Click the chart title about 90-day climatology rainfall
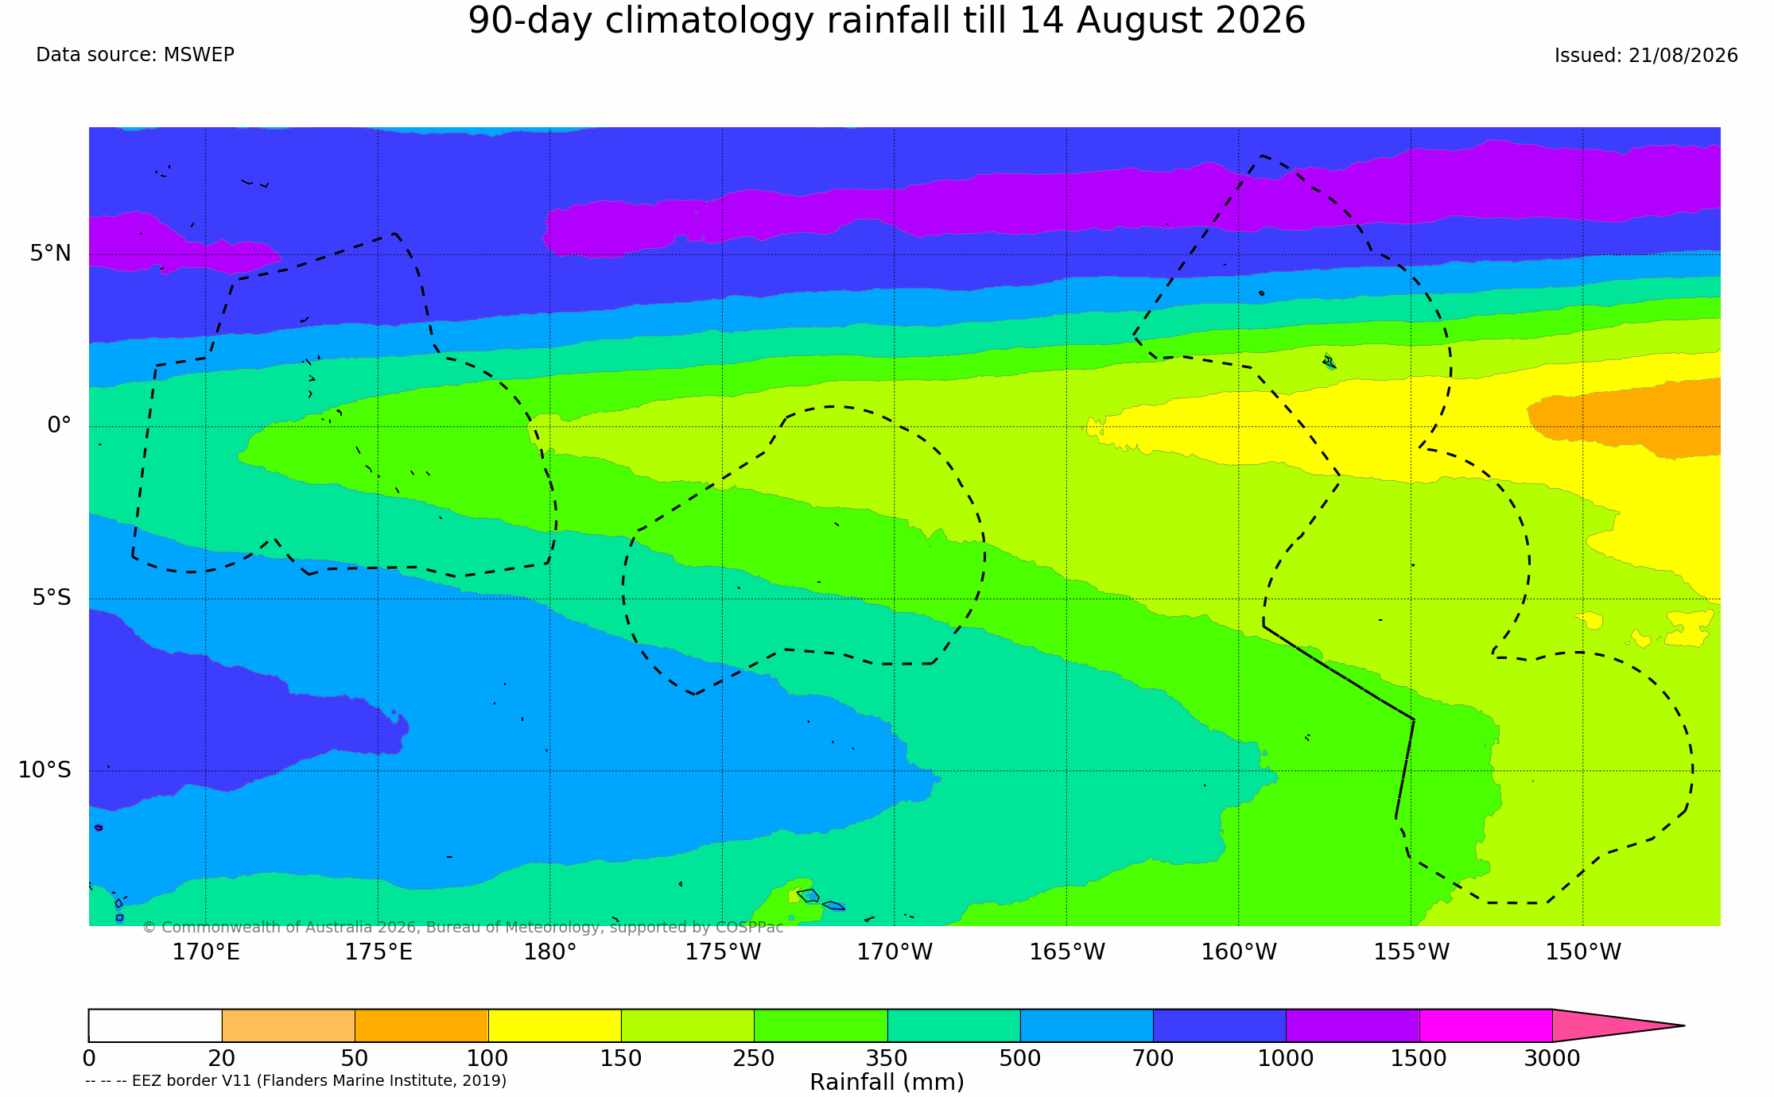click(887, 21)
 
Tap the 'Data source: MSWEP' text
click(135, 55)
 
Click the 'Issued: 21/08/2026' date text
click(1646, 56)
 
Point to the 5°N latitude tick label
click(51, 254)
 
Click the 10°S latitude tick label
click(45, 769)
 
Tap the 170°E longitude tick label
click(206, 952)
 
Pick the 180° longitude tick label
click(549, 952)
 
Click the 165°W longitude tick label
click(1067, 952)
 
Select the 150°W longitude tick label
click(1583, 952)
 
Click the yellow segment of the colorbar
click(554, 1025)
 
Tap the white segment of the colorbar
click(155, 1025)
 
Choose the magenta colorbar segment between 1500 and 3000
click(1485, 1025)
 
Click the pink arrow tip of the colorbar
click(1683, 1025)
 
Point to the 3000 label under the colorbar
click(1552, 1059)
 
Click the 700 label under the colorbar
click(1153, 1059)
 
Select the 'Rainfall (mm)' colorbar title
click(887, 1082)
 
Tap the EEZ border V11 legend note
click(296, 1080)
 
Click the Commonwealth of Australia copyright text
click(463, 927)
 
